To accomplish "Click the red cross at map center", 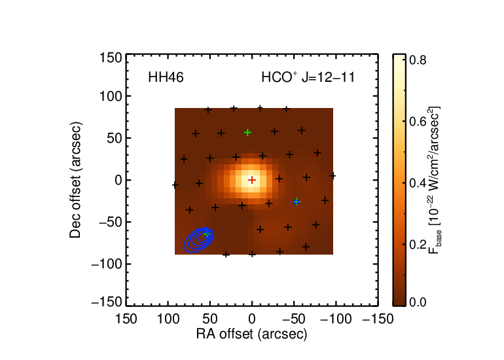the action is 252,180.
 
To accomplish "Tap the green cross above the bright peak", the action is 247,132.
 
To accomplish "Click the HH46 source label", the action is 166,77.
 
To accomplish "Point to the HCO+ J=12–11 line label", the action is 308,77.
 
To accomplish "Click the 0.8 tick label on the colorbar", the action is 418,60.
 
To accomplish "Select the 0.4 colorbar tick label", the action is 418,183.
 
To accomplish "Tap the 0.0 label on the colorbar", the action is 418,302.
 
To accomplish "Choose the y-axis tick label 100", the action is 111,96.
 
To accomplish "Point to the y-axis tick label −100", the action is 107,264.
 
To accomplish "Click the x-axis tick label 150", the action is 126,319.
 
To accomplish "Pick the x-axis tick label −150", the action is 378,319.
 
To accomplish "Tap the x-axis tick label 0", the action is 252,319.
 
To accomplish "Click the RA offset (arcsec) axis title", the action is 252,334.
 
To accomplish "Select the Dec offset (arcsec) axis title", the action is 76,180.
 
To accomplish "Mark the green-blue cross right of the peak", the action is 297,202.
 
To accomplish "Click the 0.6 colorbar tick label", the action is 418,122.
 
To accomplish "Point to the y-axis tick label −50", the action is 111,222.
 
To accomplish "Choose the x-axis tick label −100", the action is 336,319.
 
